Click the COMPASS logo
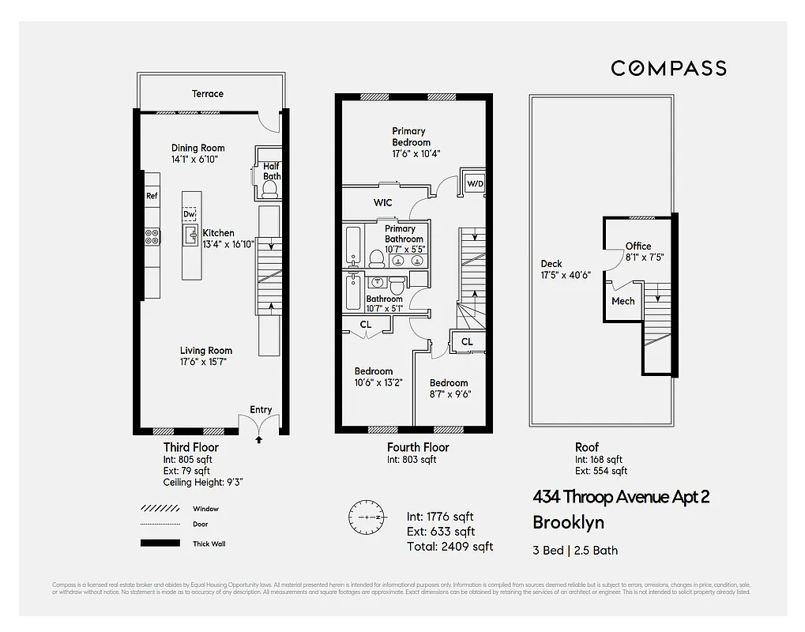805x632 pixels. coord(668,69)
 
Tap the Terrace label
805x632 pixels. coord(207,93)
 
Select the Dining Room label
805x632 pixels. coord(197,148)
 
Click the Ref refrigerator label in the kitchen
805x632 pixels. coord(152,195)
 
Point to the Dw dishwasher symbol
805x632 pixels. coord(190,214)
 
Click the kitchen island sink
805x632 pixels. coord(190,235)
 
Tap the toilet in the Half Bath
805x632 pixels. coord(267,186)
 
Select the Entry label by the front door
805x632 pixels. coord(261,409)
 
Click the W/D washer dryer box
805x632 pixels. coord(476,184)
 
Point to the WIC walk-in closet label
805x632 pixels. coord(383,203)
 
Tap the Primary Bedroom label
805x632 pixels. coord(408,137)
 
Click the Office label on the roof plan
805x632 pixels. coord(638,246)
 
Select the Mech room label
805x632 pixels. coord(623,301)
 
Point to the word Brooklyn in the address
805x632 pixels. coord(567,522)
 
